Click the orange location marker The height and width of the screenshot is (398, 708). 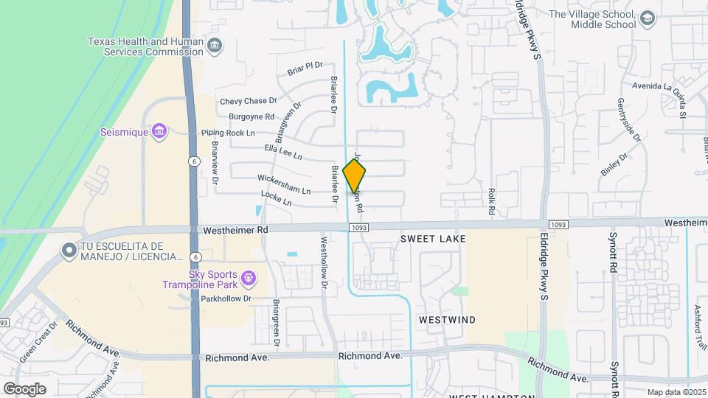355,177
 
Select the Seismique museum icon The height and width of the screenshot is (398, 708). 159,133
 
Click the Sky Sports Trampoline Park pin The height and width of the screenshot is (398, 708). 249,278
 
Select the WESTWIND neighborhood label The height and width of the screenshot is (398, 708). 447,320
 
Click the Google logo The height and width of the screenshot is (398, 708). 24,388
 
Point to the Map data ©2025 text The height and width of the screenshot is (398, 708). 675,392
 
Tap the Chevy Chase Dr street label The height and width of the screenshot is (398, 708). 248,101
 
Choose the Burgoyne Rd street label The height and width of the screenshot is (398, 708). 251,116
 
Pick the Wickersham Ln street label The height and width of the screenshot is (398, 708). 284,184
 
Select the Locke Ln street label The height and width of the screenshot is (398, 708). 277,198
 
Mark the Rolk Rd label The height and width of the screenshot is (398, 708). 490,201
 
